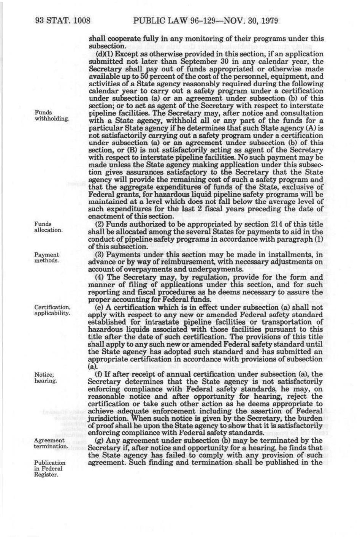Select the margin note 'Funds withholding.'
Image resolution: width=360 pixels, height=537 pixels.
[x=52, y=116]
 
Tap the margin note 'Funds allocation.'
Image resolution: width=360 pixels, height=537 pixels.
[x=48, y=227]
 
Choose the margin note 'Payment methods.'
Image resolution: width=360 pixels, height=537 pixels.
[x=46, y=258]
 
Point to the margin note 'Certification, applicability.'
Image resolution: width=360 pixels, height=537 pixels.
[x=52, y=310]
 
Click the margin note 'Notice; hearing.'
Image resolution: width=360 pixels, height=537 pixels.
[x=46, y=378]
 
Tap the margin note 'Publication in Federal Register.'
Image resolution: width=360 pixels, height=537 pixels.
[x=49, y=469]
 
